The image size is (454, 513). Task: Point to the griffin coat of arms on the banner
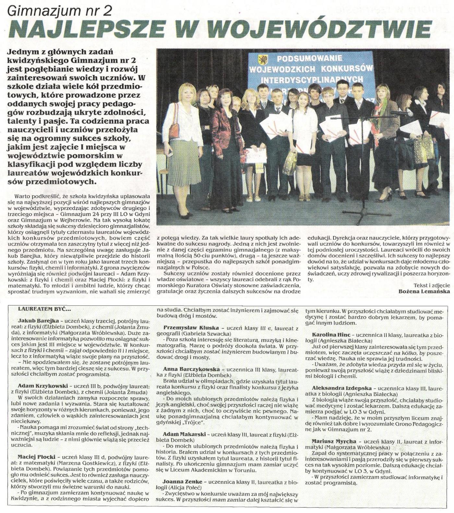(x=261, y=60)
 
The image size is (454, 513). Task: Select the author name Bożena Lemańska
(x=424, y=291)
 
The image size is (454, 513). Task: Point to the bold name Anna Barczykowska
(x=191, y=369)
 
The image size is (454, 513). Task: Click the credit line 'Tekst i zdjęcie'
(x=432, y=285)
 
